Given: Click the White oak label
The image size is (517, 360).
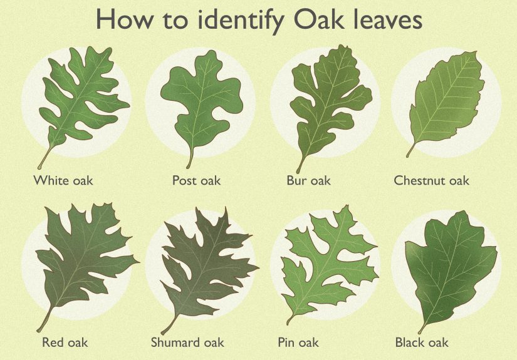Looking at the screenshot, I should (63, 181).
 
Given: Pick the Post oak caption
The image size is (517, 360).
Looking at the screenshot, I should (196, 181).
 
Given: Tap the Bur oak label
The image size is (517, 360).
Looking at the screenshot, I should (308, 181).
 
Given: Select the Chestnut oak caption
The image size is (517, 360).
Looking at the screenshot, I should (431, 181).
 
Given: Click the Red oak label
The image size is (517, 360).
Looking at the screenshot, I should (65, 342).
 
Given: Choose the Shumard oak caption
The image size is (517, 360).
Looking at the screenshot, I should (187, 342).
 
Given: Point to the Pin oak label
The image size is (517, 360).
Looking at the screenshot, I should (298, 342).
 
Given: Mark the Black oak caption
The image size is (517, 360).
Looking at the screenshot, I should (422, 342).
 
